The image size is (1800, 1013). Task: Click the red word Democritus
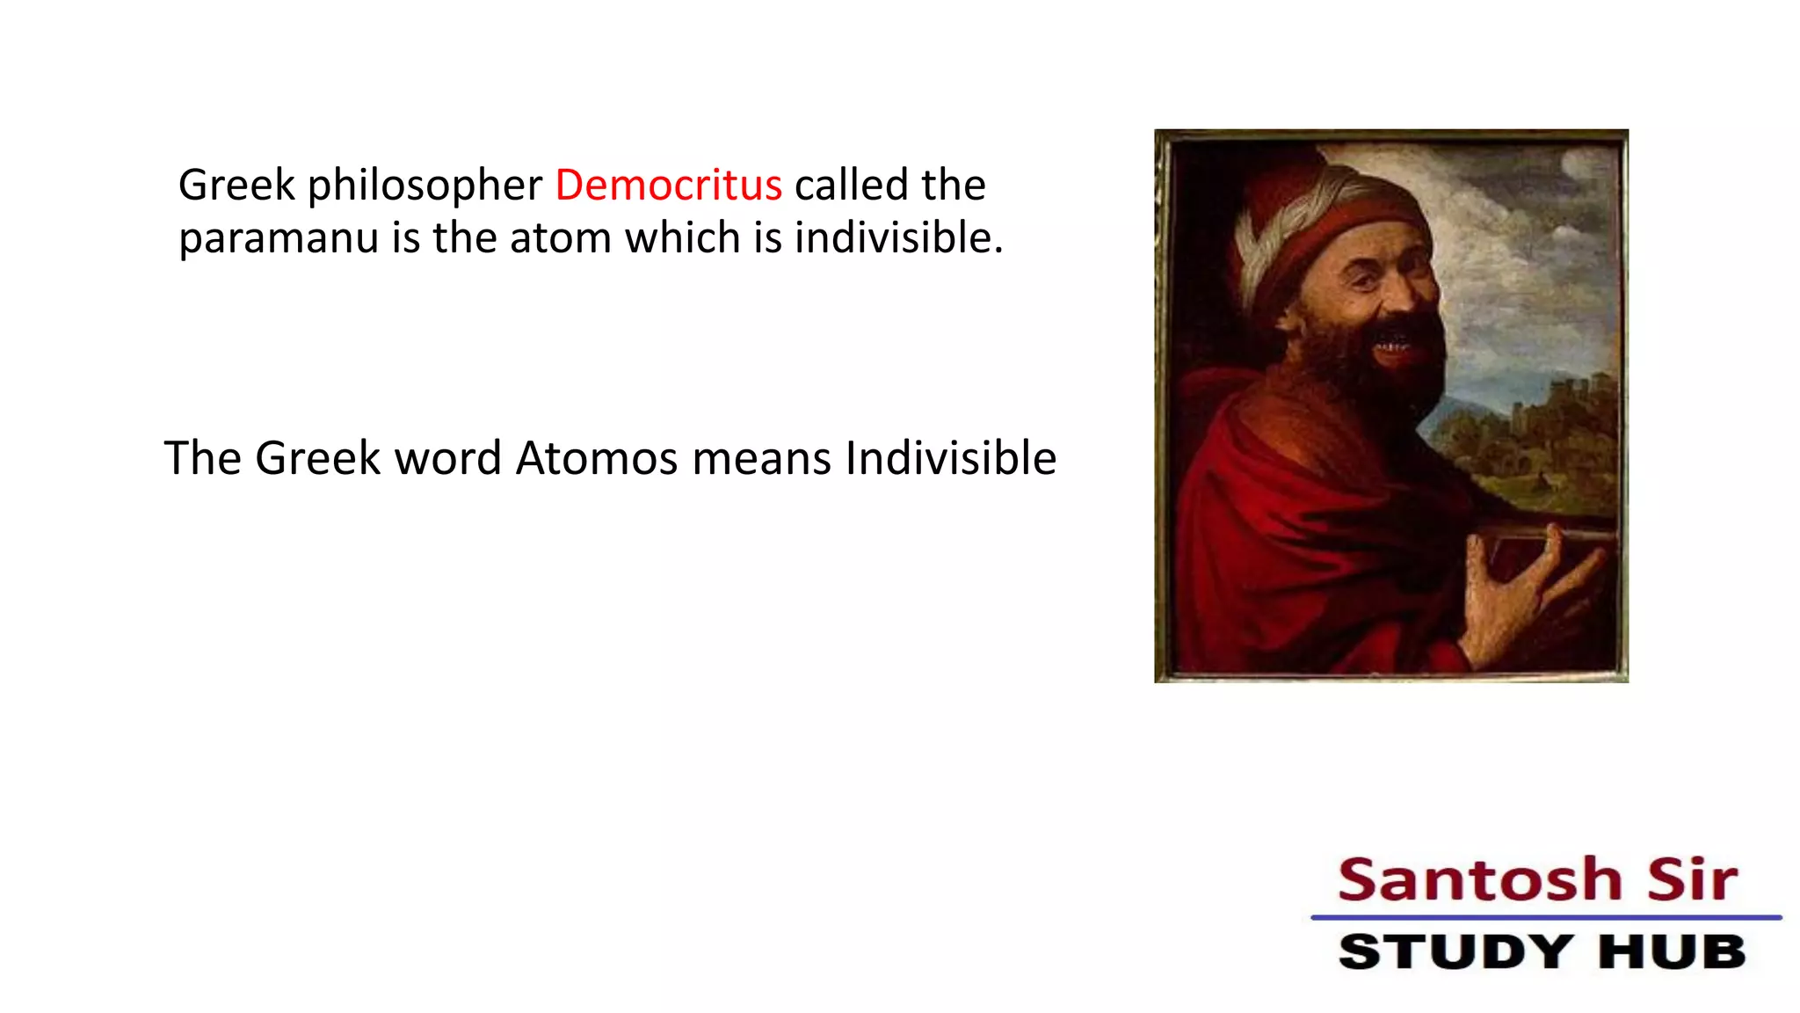coord(668,186)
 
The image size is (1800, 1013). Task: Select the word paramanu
coord(279,239)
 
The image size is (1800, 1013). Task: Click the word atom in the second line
coord(560,238)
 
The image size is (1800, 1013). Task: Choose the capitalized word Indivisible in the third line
coord(950,459)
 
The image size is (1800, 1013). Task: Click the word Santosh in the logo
coord(1479,879)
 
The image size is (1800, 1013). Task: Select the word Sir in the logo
coord(1692,879)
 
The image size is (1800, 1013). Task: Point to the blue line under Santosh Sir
coord(1545,917)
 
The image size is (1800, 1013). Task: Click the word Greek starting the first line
coord(236,186)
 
